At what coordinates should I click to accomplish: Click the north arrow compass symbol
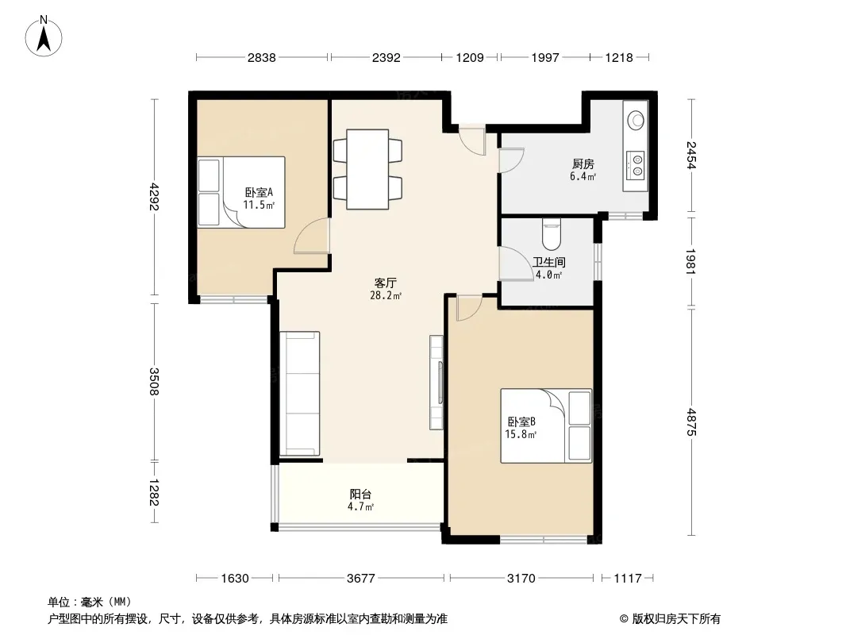44,37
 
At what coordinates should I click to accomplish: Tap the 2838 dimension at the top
262,57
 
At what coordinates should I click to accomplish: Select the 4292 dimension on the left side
155,197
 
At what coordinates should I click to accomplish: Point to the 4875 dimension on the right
691,422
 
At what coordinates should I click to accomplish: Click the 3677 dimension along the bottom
360,579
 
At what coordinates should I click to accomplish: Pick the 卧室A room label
259,192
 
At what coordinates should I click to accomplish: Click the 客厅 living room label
386,283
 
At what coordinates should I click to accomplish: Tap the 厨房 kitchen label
583,164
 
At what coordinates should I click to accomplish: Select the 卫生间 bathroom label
548,262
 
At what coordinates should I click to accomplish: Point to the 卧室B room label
521,422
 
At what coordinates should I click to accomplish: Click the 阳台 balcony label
360,494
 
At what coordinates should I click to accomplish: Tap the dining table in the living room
367,169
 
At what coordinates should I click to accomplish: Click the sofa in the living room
300,393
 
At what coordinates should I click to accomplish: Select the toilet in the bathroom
552,233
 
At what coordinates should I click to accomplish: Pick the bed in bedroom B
546,425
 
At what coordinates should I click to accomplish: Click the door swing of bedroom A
311,236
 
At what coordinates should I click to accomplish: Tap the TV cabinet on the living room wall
436,383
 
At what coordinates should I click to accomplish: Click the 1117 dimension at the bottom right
628,579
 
